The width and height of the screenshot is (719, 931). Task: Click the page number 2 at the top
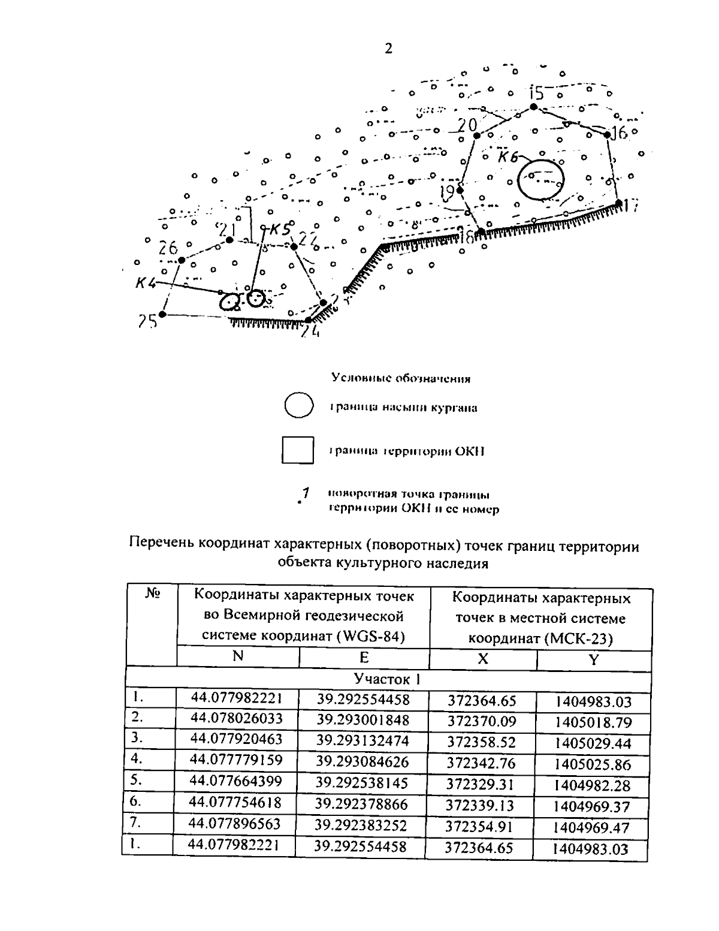pyautogui.click(x=388, y=49)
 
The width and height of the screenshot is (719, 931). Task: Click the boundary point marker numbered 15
pyautogui.click(x=533, y=106)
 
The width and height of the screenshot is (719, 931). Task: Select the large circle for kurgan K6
pyautogui.click(x=540, y=179)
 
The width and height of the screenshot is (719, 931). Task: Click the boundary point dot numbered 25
pyautogui.click(x=162, y=314)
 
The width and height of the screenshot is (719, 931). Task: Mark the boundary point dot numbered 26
pyautogui.click(x=181, y=260)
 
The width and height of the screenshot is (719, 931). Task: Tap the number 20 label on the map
pyautogui.click(x=467, y=125)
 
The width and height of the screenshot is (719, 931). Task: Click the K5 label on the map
pyautogui.click(x=279, y=228)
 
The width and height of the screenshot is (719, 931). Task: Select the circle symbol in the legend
pyautogui.click(x=298, y=406)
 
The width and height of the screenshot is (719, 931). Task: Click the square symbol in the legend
pyautogui.click(x=298, y=450)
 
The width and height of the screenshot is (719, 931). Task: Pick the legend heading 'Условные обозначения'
pyautogui.click(x=401, y=378)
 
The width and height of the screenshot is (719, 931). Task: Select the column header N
pyautogui.click(x=238, y=656)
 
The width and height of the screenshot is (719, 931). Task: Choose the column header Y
pyautogui.click(x=593, y=659)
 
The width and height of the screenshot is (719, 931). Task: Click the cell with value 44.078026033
pyautogui.click(x=236, y=718)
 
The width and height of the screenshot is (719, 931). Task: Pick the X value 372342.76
pyautogui.click(x=481, y=763)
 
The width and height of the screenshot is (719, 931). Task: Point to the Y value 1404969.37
pyautogui.click(x=591, y=807)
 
